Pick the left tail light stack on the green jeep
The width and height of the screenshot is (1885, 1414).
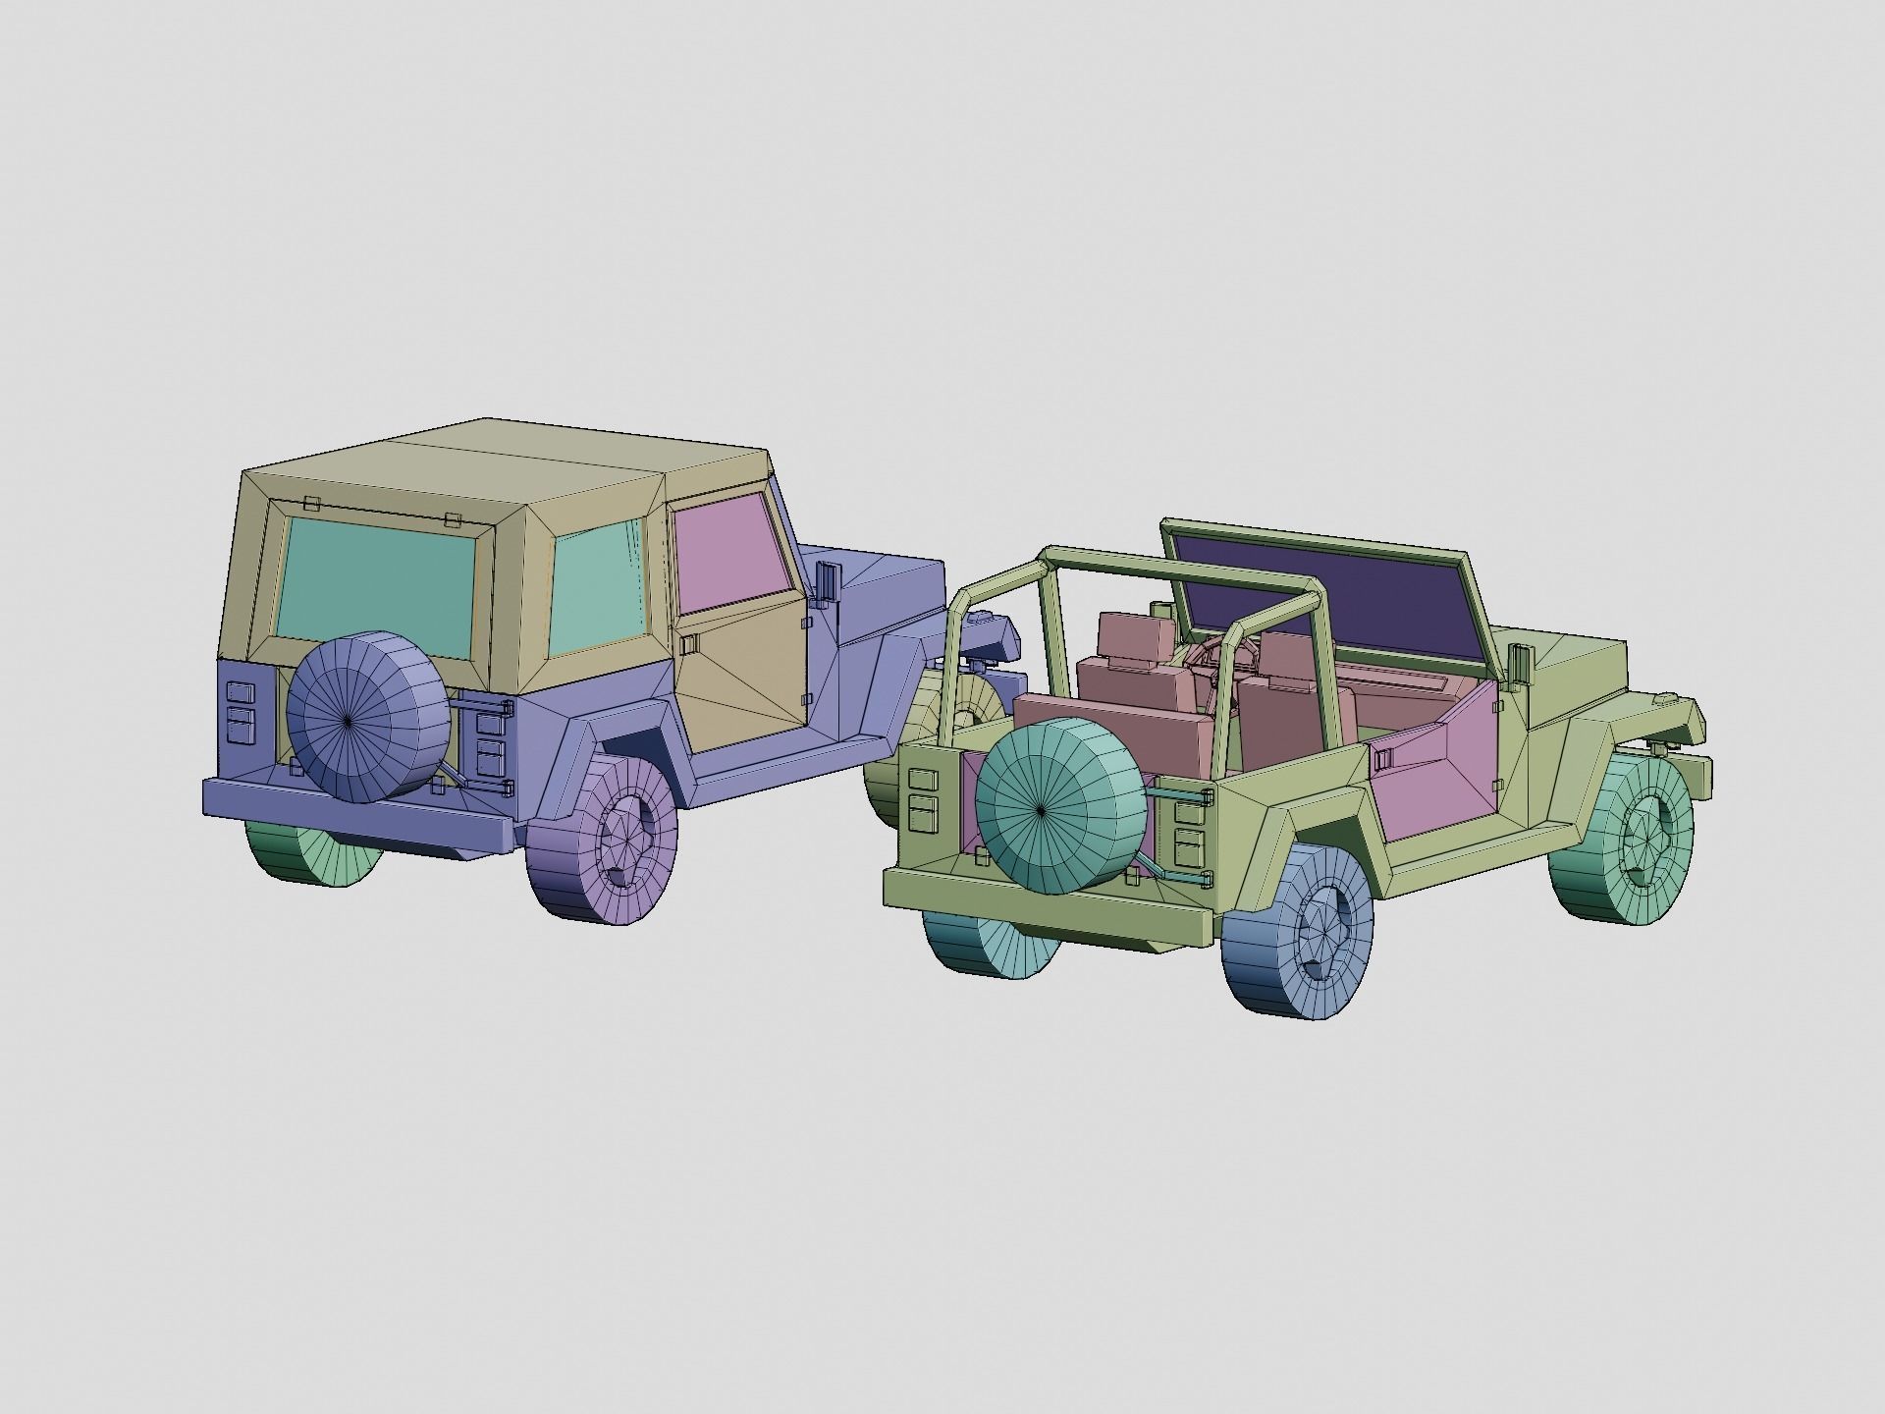point(923,794)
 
